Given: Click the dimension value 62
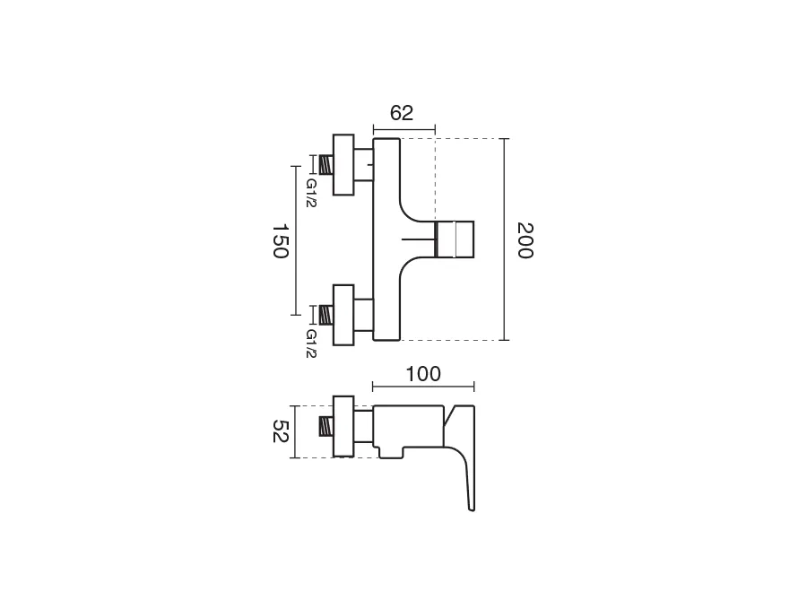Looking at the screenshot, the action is point(402,113).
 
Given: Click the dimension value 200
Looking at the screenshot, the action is point(525,240).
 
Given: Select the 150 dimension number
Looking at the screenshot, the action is point(280,240).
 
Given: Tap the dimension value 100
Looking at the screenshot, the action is point(423,374).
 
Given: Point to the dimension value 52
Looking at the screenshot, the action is point(280,431).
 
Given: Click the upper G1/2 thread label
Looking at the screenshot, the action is point(311,193).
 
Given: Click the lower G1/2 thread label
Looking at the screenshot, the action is point(311,344).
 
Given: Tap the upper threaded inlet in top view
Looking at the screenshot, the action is point(325,165).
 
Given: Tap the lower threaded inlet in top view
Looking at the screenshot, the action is point(325,315).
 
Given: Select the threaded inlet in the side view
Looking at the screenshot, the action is point(325,426).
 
